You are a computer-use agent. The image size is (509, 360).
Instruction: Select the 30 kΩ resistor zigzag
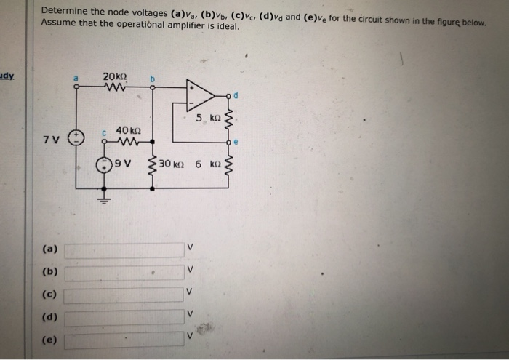152,168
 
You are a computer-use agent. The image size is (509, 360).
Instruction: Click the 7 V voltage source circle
76,138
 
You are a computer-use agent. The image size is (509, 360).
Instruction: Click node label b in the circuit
153,77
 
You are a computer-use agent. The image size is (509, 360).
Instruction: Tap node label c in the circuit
105,132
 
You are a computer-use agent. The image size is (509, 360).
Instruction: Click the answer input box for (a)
124,250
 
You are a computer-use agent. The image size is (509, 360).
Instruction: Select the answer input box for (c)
124,295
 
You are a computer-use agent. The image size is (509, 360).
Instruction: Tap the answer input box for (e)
124,340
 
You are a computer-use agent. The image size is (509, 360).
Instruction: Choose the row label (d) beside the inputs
50,318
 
